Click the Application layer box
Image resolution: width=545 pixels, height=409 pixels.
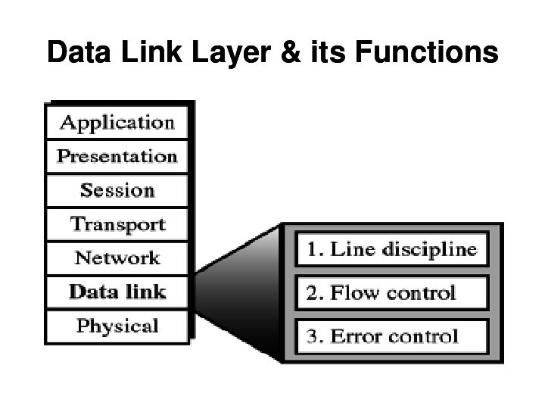tap(117, 123)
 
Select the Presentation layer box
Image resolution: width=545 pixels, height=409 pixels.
tap(117, 157)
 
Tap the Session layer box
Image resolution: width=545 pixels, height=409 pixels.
tap(117, 191)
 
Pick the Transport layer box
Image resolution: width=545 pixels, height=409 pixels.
tap(117, 224)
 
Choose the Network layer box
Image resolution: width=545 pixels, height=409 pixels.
tap(117, 258)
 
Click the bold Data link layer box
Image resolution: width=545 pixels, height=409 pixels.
tap(117, 292)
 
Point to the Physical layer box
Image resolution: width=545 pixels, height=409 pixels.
tap(117, 326)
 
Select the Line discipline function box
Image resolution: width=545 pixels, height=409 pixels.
tap(392, 249)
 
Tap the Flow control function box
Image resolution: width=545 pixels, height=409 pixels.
tap(392, 292)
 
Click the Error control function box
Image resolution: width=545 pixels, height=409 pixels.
tap(392, 336)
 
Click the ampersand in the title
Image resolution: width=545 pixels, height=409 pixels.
tap(291, 52)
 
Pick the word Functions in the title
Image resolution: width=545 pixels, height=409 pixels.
tap(426, 52)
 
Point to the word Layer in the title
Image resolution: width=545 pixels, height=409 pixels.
tap(231, 53)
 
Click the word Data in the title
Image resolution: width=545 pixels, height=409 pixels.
tap(79, 52)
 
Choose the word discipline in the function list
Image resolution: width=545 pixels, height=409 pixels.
tap(430, 250)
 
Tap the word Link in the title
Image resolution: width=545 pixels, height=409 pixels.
tap(151, 52)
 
